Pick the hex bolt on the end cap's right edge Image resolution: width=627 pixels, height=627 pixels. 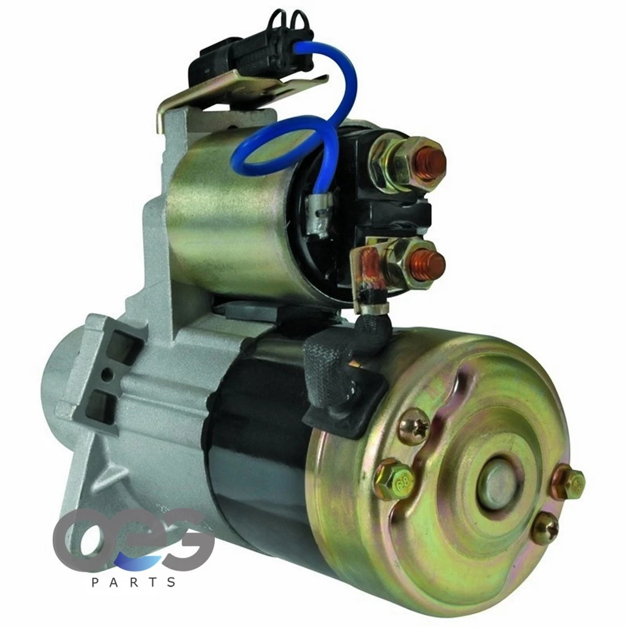tap(569, 483)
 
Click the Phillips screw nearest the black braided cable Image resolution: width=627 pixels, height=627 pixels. tap(414, 427)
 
